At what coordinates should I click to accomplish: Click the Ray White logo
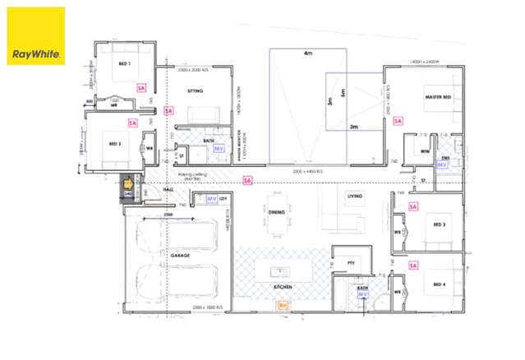point(36,36)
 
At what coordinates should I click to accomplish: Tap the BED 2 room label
point(114,143)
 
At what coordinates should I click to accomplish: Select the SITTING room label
point(195,91)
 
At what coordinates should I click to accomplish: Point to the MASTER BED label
point(438,97)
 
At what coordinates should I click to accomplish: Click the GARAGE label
point(180,256)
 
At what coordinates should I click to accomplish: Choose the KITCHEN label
point(283,286)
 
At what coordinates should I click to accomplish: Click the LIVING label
point(354,196)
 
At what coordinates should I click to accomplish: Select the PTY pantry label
point(352,263)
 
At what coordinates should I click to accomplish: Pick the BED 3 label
point(440,224)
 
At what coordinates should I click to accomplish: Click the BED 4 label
point(440,284)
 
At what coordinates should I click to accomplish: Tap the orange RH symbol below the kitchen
point(283,305)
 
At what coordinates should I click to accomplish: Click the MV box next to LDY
point(210,199)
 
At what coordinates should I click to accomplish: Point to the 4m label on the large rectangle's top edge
point(307,53)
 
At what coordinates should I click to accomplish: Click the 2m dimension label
point(353,127)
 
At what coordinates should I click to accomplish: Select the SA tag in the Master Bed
point(398,121)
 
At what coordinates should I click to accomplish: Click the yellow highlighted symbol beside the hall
point(128,184)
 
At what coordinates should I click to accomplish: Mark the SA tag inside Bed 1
point(140,86)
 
